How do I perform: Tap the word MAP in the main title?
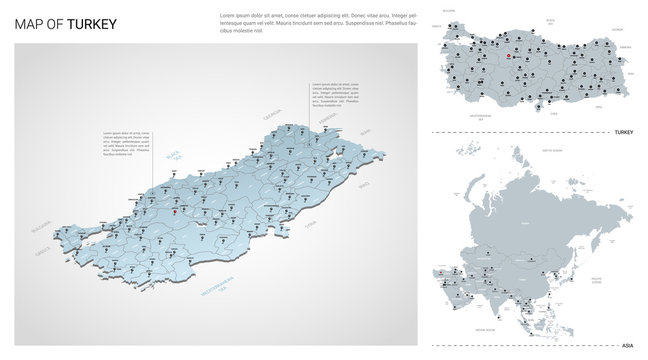point(29,24)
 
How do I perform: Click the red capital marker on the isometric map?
point(172,211)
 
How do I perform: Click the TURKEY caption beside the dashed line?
point(624,132)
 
